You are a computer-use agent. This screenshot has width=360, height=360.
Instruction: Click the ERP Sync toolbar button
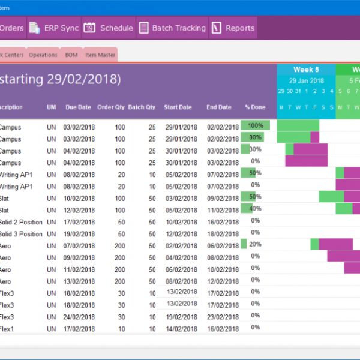point(53,28)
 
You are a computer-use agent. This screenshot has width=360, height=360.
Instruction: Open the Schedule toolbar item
point(109,28)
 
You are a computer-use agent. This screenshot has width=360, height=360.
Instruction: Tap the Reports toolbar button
point(233,28)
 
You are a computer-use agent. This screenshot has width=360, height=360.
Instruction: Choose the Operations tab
point(43,55)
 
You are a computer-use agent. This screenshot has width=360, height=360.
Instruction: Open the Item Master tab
point(100,55)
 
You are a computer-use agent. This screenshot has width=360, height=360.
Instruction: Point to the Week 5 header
point(306,70)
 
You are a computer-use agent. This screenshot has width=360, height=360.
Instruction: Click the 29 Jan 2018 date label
point(306,80)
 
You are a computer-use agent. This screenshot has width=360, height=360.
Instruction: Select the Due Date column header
point(78,107)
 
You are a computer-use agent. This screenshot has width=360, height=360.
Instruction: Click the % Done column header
point(255,107)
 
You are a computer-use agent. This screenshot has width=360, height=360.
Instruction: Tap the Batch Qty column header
point(142,107)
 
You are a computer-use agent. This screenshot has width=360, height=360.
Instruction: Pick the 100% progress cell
point(256,125)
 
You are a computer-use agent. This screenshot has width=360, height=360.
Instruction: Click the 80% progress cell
point(255,137)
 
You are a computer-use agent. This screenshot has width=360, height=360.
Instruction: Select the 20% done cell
point(255,244)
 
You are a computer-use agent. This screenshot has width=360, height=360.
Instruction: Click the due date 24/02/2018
point(79,317)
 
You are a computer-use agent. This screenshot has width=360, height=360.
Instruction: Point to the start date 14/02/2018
point(181,329)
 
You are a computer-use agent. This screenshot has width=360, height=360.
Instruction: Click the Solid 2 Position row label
point(20,222)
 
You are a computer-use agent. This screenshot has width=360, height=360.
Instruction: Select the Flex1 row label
point(7,329)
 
